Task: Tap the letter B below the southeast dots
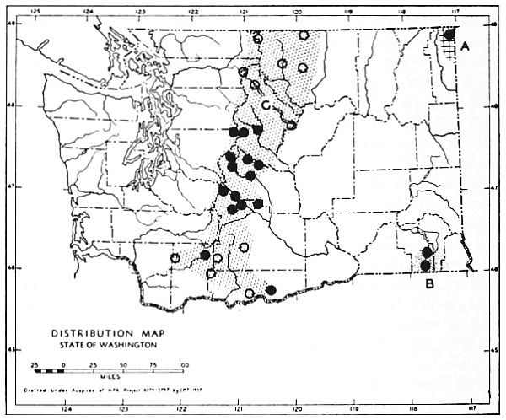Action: (429, 284)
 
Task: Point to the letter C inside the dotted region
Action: (266, 105)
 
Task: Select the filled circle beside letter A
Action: (450, 34)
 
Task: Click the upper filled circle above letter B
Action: (427, 251)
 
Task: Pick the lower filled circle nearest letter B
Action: (425, 266)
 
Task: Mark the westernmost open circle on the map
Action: (175, 258)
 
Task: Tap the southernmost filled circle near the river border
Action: (271, 290)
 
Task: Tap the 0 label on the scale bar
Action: (63, 363)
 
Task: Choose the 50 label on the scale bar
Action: (123, 363)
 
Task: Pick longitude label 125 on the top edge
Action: (35, 12)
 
